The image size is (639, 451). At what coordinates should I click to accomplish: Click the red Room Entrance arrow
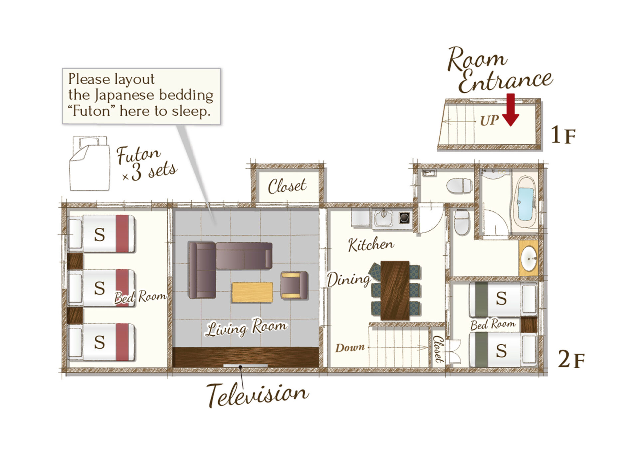(x=511, y=110)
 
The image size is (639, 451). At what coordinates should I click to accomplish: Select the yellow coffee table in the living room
(x=252, y=292)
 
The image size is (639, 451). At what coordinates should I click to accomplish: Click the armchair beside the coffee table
(x=294, y=285)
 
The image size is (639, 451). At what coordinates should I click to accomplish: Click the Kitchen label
(x=371, y=244)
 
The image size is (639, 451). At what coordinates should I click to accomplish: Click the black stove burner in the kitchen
(x=404, y=218)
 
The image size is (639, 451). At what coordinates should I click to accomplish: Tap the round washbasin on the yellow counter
(x=529, y=259)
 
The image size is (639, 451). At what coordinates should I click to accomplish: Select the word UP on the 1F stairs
(x=489, y=120)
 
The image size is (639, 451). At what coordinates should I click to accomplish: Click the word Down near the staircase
(x=350, y=348)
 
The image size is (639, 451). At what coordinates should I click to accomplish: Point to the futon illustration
(x=89, y=163)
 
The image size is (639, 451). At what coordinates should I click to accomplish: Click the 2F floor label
(x=571, y=359)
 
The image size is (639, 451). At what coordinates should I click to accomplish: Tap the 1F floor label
(x=563, y=135)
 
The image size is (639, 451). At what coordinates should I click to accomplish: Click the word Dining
(x=348, y=280)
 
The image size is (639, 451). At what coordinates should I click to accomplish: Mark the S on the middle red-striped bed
(x=100, y=288)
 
